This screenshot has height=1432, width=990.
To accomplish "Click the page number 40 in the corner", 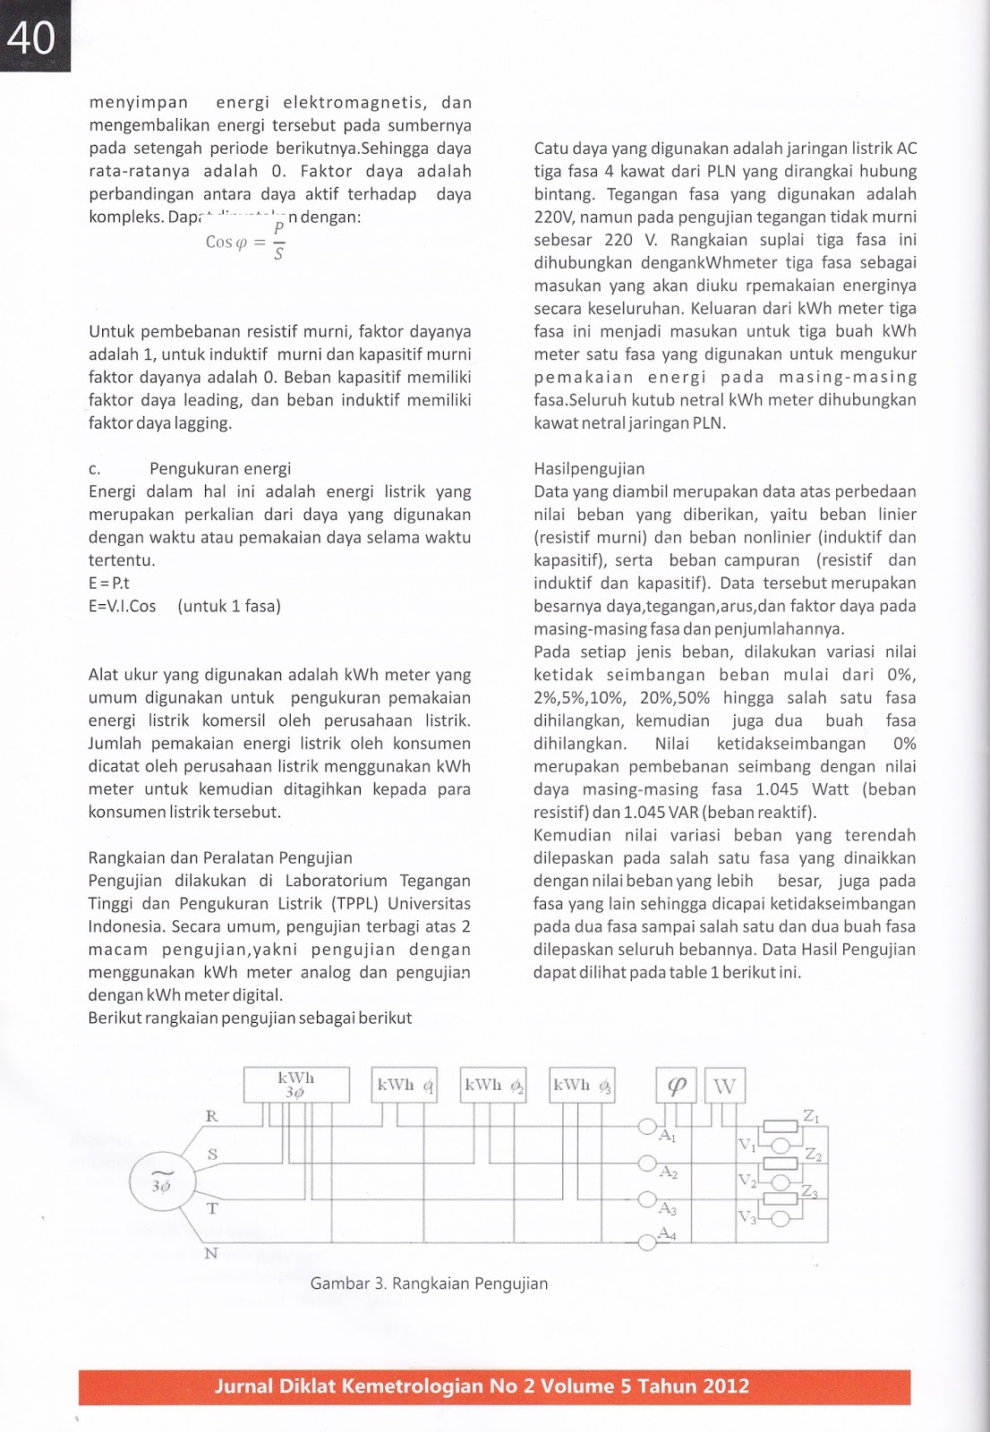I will pyautogui.click(x=32, y=38).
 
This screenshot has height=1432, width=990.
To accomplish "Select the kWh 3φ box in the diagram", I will pyautogui.click(x=295, y=1085).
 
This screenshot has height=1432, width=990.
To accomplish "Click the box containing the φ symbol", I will pyautogui.click(x=677, y=1086).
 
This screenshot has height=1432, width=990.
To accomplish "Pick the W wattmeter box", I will pyautogui.click(x=724, y=1087).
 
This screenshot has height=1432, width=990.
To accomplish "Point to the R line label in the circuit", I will pyautogui.click(x=212, y=1116).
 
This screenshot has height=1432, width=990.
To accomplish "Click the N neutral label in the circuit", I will pyautogui.click(x=211, y=1253).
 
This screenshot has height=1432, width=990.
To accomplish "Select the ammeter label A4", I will pyautogui.click(x=667, y=1233).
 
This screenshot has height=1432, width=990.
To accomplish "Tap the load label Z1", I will pyautogui.click(x=811, y=1116).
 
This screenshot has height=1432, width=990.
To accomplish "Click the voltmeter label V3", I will pyautogui.click(x=747, y=1216).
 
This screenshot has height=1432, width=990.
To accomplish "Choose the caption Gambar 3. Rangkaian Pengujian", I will pyautogui.click(x=429, y=1283).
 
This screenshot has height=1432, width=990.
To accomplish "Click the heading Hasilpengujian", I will pyautogui.click(x=589, y=469).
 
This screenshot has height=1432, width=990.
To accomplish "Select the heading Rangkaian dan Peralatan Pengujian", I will pyautogui.click(x=220, y=858).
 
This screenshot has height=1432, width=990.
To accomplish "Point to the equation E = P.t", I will pyautogui.click(x=109, y=584).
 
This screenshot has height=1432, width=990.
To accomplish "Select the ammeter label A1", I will pyautogui.click(x=667, y=1136).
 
